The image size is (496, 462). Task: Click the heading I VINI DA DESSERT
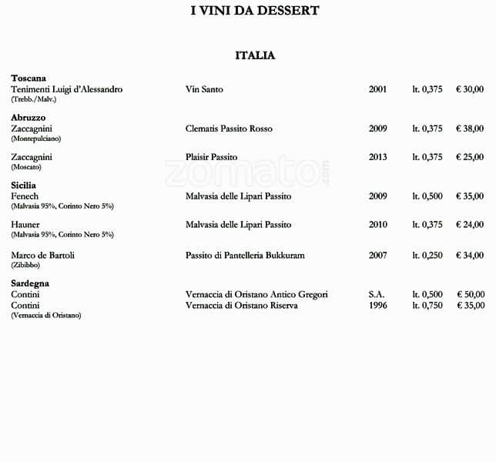tap(254, 11)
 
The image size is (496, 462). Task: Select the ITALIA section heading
tap(255, 55)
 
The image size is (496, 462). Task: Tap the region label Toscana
tap(28, 79)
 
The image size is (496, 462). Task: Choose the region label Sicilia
tap(24, 186)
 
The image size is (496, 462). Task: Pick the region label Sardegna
tap(30, 283)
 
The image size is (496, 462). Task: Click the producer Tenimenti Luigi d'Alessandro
tap(66, 89)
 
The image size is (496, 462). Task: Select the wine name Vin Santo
tap(204, 89)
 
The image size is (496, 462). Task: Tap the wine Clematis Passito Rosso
tap(229, 129)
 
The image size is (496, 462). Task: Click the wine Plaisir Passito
tap(211, 157)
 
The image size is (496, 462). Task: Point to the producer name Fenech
tap(25, 196)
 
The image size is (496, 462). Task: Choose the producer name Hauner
tap(25, 225)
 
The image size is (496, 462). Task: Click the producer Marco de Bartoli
tap(42, 255)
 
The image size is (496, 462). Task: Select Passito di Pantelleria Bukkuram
tap(245, 255)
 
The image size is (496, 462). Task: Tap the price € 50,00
tap(470, 294)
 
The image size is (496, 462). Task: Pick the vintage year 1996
tap(377, 305)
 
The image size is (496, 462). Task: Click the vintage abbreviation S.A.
tap(376, 294)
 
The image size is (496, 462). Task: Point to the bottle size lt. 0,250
tap(427, 255)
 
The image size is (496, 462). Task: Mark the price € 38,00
tap(470, 129)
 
